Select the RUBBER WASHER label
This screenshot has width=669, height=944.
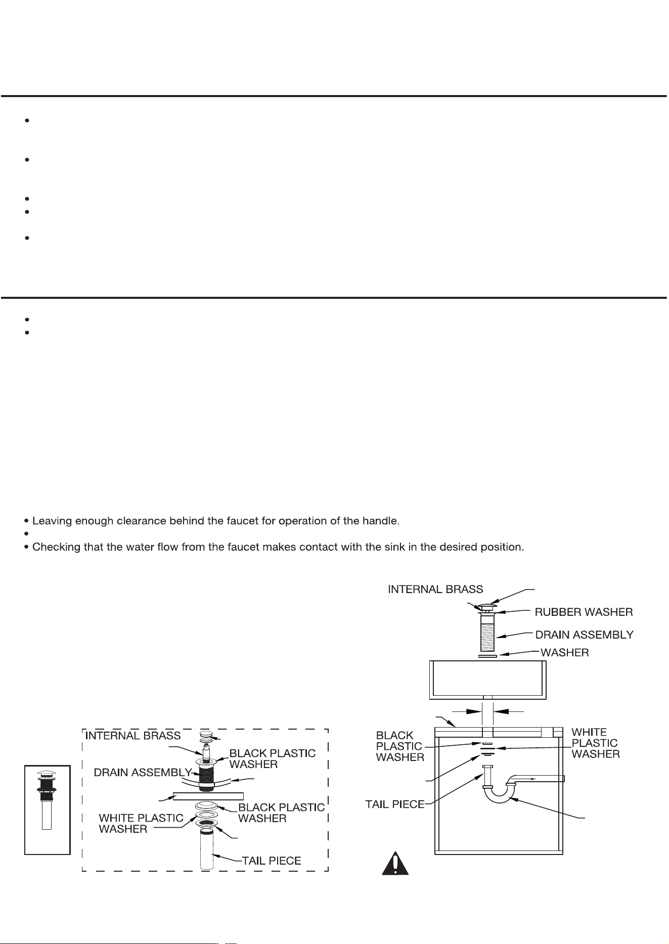pyautogui.click(x=584, y=612)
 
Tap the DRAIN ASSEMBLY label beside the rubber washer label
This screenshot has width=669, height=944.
pyautogui.click(x=584, y=635)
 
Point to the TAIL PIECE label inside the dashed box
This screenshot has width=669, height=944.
pyautogui.click(x=272, y=861)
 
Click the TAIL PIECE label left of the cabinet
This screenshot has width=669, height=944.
pyautogui.click(x=395, y=804)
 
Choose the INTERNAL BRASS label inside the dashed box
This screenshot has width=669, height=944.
pyautogui.click(x=133, y=736)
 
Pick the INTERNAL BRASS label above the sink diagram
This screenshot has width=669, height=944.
pyautogui.click(x=435, y=590)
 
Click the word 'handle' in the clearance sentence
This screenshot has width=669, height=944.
pyautogui.click(x=382, y=521)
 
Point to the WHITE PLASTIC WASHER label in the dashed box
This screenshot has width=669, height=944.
pyautogui.click(x=141, y=823)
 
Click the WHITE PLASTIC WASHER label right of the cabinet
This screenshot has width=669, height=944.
pyautogui.click(x=595, y=743)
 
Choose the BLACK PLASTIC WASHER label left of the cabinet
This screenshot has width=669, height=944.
pyautogui.click(x=400, y=746)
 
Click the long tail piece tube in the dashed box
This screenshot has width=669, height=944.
pyautogui.click(x=206, y=849)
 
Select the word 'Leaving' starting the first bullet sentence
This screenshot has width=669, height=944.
pyautogui.click(x=51, y=521)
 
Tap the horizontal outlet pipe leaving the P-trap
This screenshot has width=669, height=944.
pyautogui.click(x=539, y=779)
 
